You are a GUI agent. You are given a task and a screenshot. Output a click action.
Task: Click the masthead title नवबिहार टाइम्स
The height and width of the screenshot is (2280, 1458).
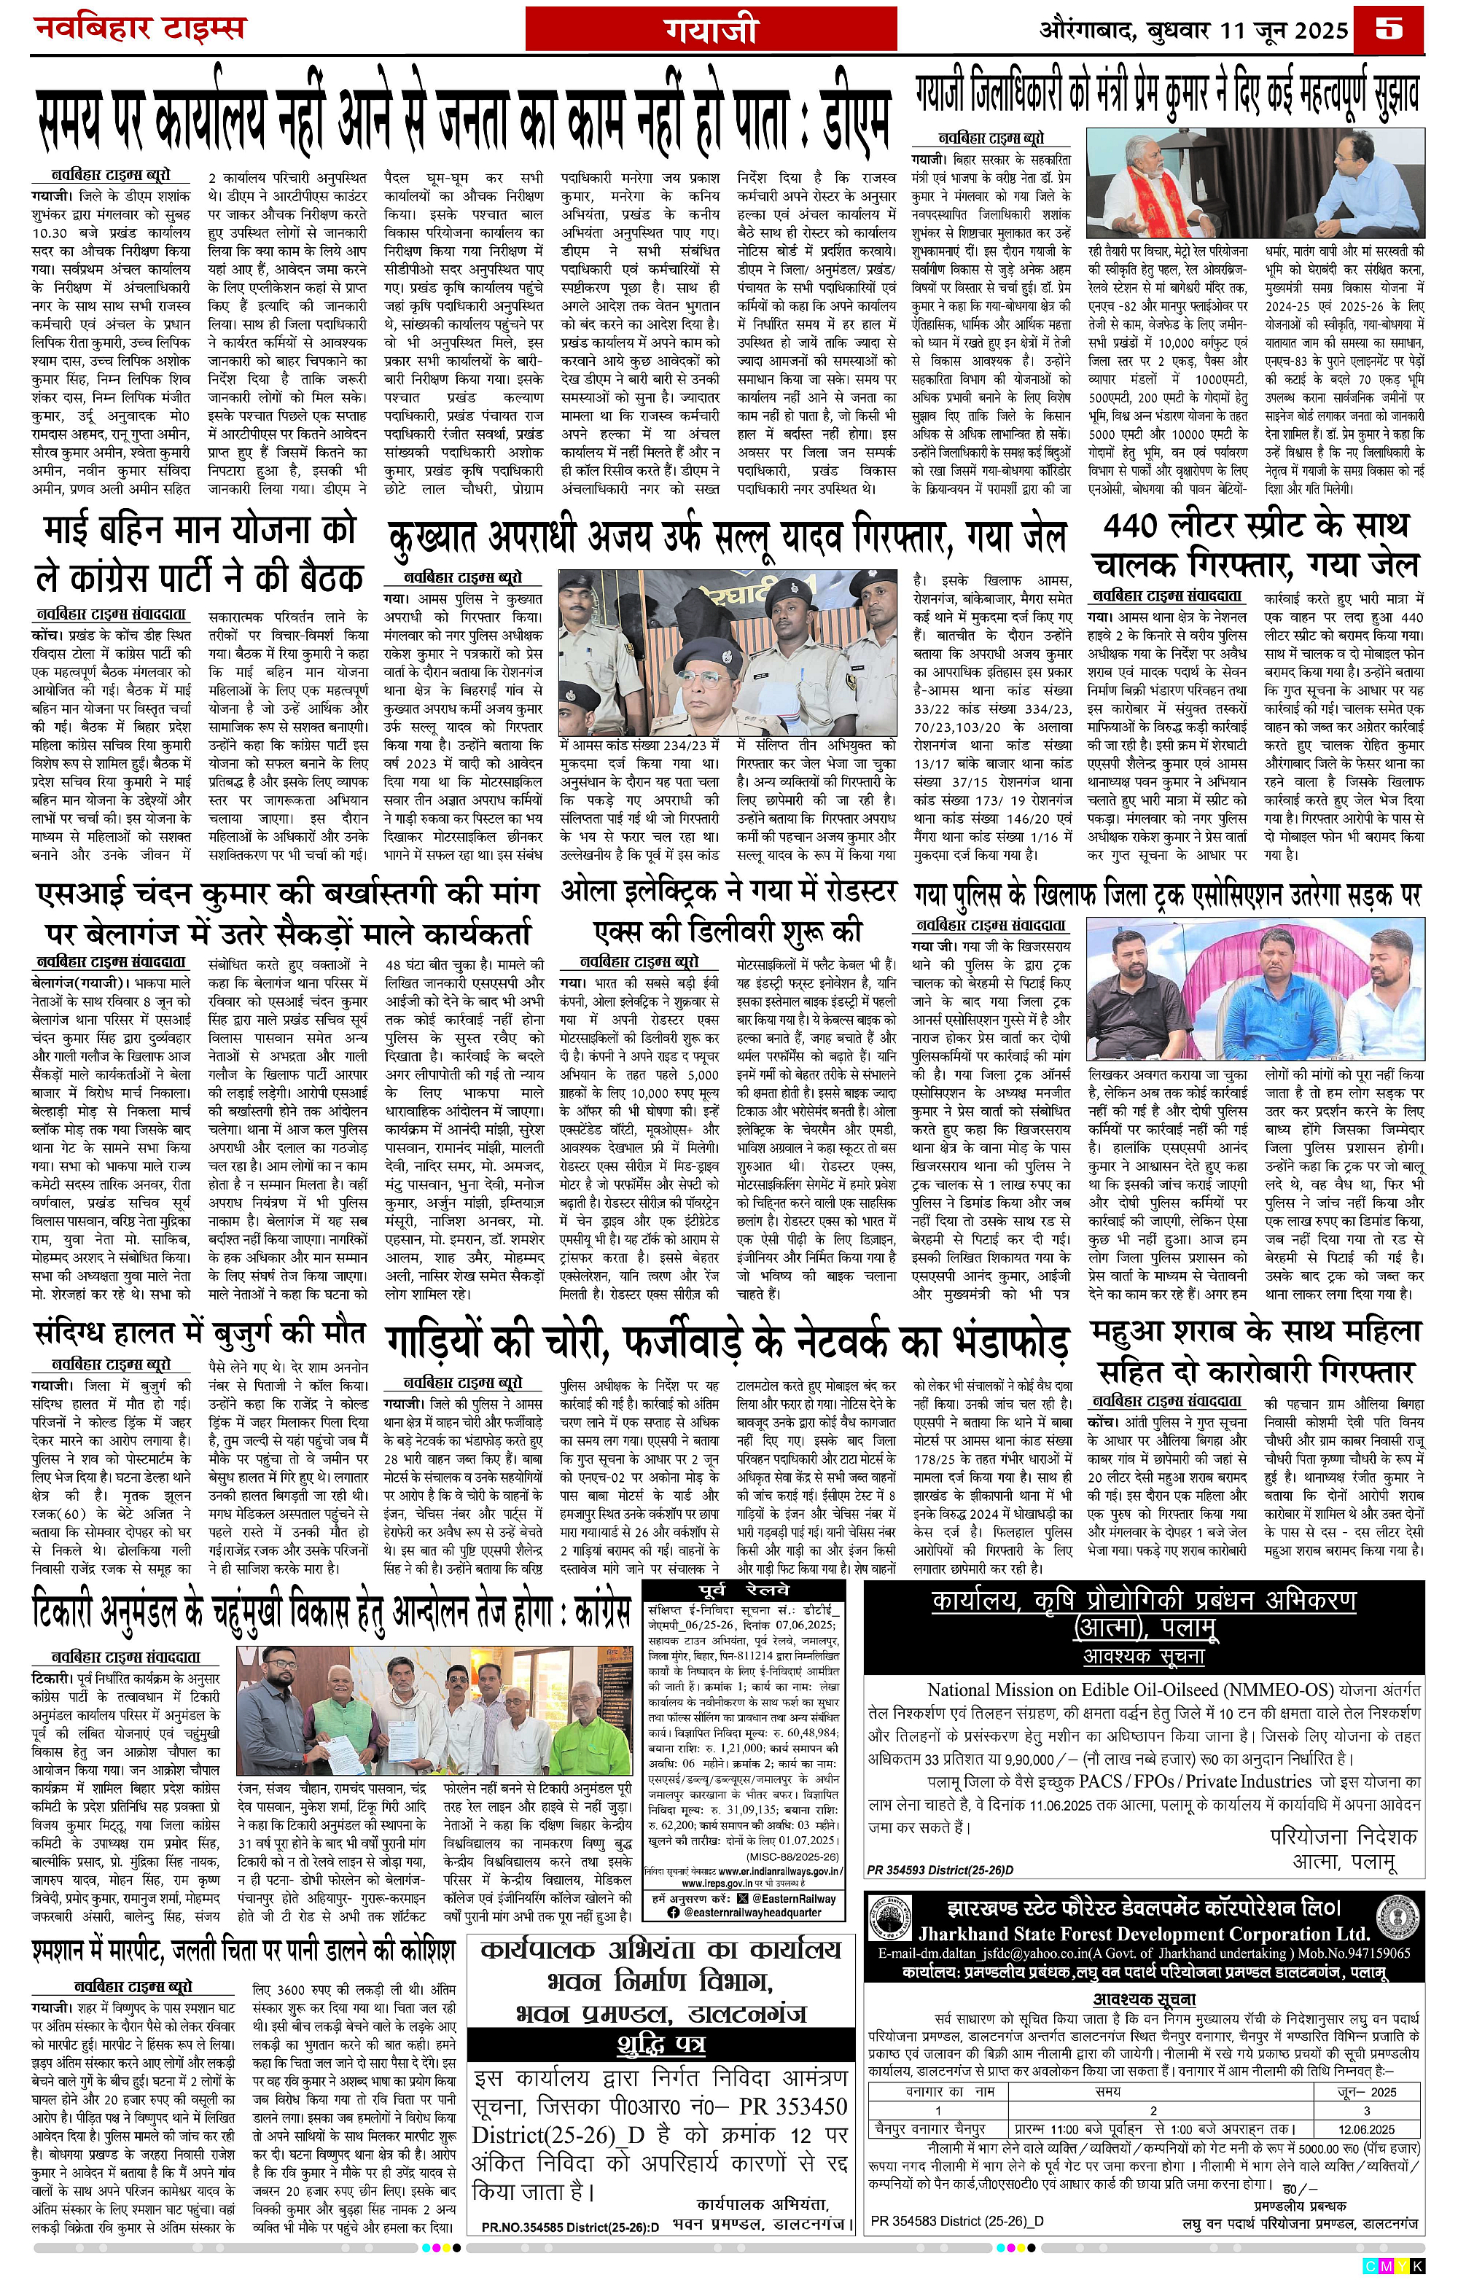[140, 28]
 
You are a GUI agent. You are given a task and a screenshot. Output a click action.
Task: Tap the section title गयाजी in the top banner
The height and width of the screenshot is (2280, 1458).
[710, 31]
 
